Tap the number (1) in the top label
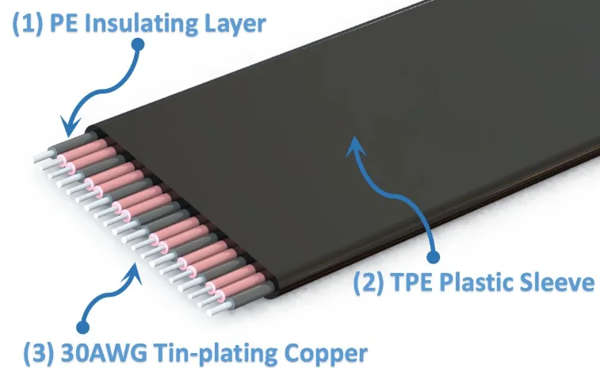coord(25,23)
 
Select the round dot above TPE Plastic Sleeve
coord(433,256)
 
